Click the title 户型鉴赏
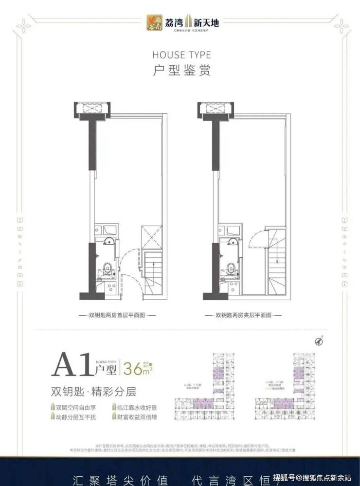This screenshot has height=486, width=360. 181,70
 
